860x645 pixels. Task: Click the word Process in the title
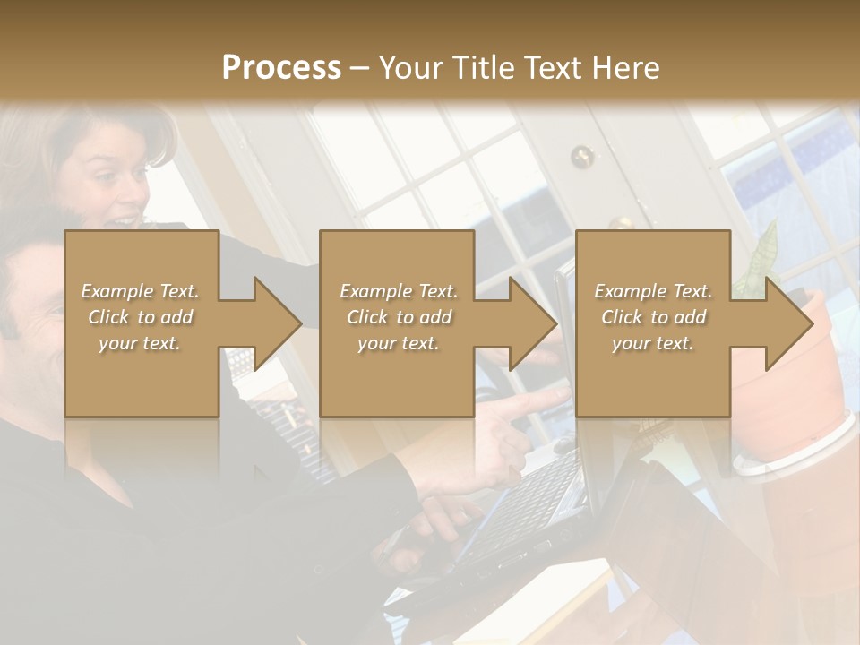[x=281, y=68]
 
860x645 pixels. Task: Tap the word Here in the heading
[x=623, y=68]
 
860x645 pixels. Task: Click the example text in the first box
[x=140, y=317]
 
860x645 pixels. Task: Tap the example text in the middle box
[x=398, y=317]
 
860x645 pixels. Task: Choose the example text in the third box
[x=653, y=317]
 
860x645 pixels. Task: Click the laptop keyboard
[x=529, y=502]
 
